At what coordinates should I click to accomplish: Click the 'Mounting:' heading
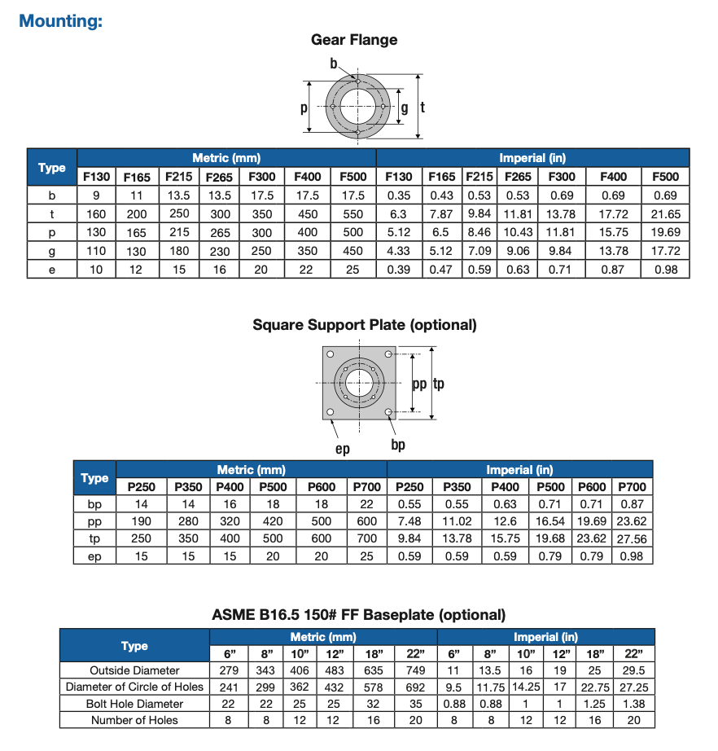click(60, 20)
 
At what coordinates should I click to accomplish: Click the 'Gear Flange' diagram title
click(354, 40)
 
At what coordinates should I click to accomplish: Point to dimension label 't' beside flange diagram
click(423, 107)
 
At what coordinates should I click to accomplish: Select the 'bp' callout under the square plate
click(398, 445)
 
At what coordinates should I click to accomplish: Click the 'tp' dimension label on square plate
click(439, 384)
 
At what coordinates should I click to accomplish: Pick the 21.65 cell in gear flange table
click(665, 213)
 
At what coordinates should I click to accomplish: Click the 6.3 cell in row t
click(399, 213)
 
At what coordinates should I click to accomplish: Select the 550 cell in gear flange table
click(352, 213)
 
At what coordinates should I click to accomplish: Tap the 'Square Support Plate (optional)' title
click(365, 325)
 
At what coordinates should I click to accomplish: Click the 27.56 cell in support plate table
click(632, 538)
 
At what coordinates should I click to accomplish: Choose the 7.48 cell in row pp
click(410, 521)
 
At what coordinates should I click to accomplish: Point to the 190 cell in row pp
click(142, 521)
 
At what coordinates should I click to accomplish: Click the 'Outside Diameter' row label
click(134, 670)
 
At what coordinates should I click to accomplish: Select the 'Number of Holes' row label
click(134, 720)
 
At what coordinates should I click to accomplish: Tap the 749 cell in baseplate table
click(416, 670)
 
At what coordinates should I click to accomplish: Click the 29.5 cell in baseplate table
click(634, 670)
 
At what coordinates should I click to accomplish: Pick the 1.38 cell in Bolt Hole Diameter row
click(634, 704)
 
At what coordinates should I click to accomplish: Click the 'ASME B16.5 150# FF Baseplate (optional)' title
click(358, 615)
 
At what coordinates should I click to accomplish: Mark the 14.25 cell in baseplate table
click(526, 687)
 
